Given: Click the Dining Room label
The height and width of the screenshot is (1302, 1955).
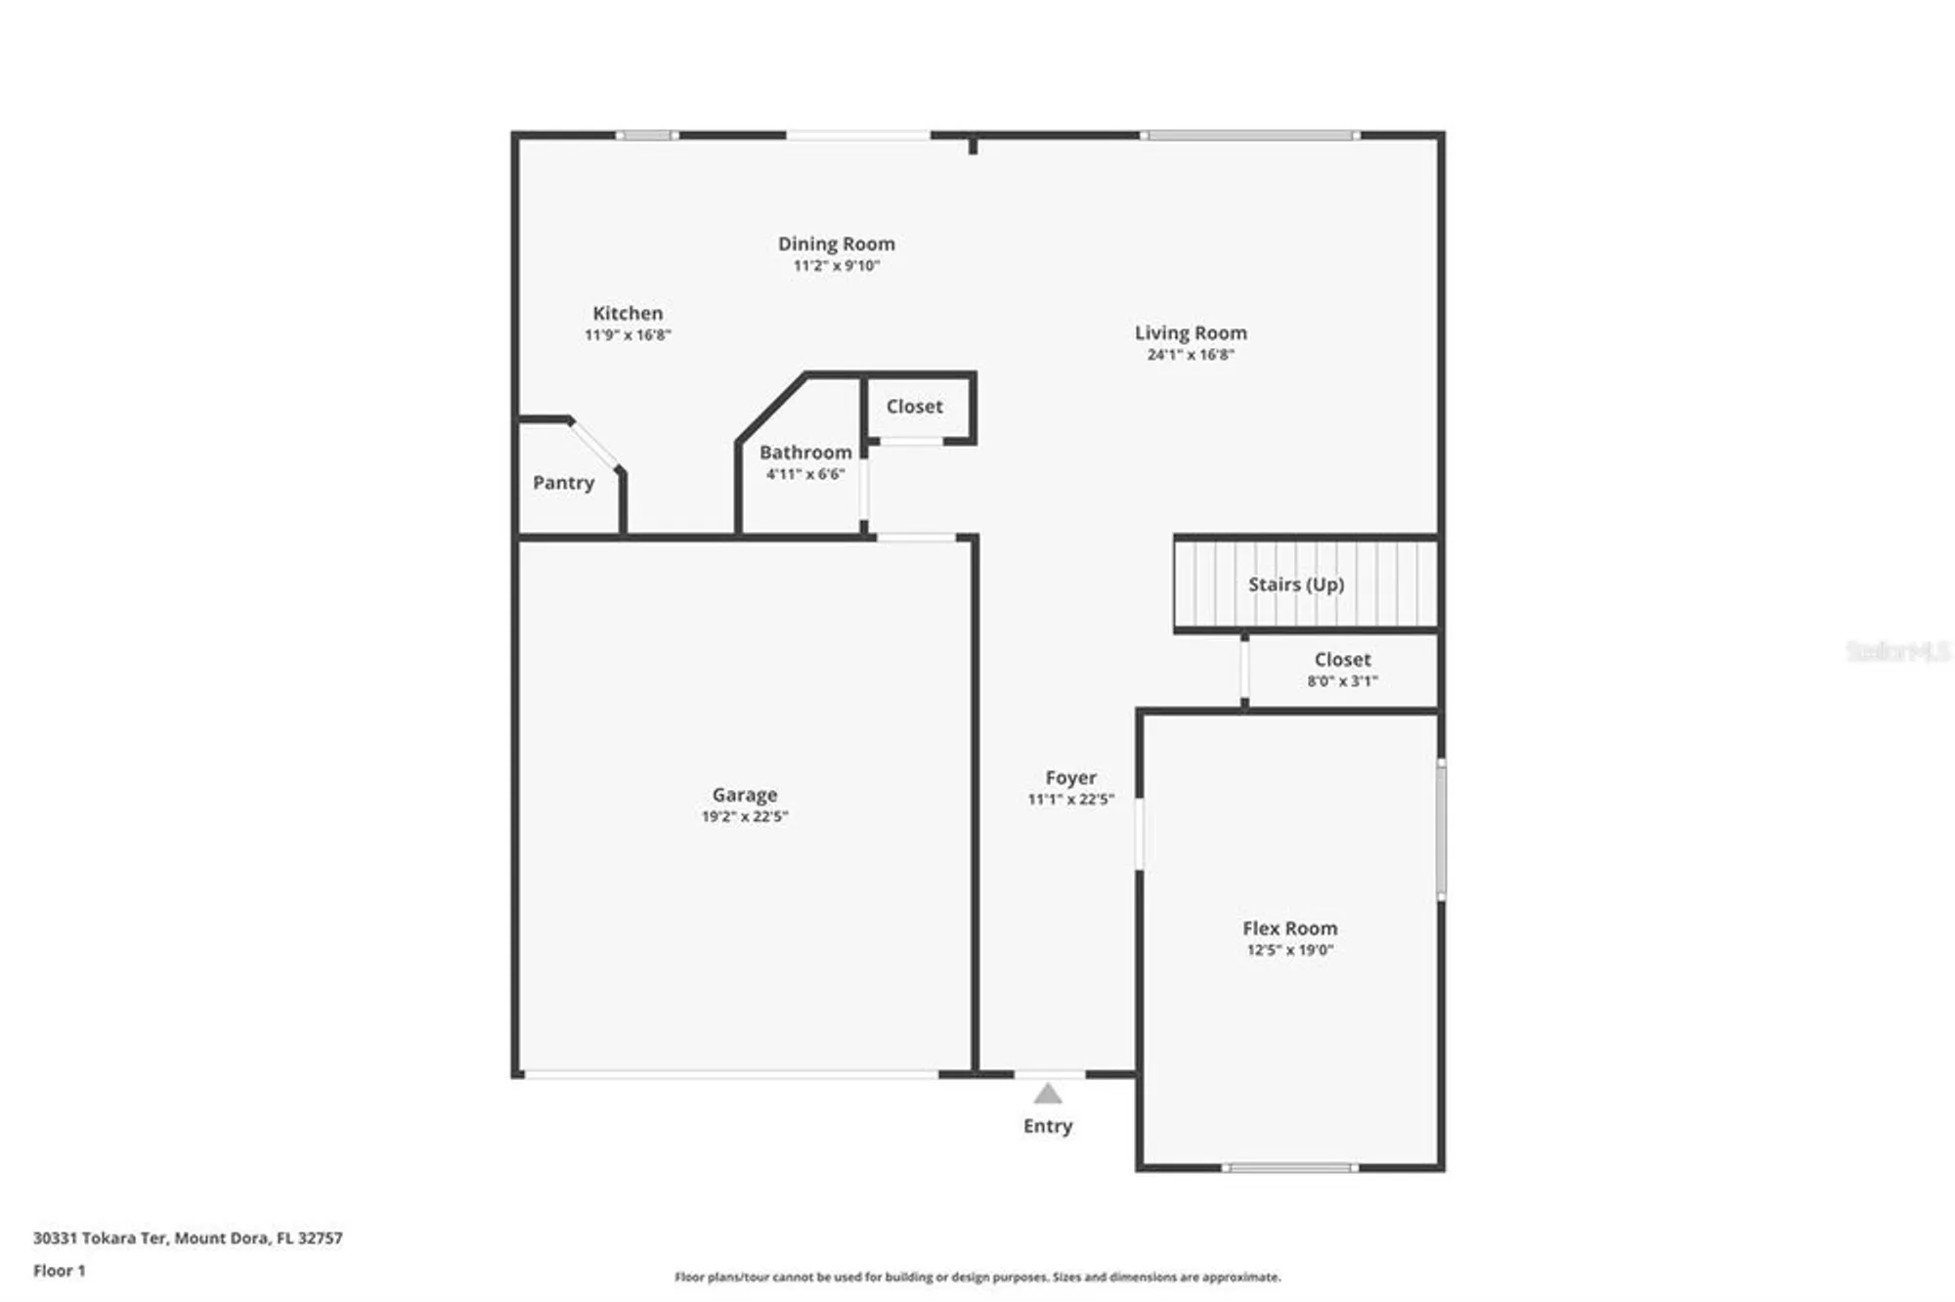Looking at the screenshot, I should [x=836, y=243].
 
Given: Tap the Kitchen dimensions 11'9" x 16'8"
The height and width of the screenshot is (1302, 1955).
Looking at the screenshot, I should [x=628, y=335].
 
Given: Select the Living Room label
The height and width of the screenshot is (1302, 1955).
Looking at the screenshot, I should [x=1191, y=332].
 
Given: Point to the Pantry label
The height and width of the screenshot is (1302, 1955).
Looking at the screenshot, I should [x=563, y=482].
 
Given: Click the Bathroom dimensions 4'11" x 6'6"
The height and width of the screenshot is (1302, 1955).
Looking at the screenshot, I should [x=804, y=474].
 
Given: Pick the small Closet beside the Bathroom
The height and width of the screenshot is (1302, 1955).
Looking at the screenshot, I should [x=914, y=406].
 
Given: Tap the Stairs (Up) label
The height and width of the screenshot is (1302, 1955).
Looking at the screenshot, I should [x=1295, y=584].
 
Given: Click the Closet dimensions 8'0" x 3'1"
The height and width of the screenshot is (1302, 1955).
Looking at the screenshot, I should [x=1342, y=681].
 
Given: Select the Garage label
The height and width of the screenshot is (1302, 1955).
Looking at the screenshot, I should [x=744, y=795].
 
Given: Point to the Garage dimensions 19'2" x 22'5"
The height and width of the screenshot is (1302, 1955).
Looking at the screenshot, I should [x=744, y=816].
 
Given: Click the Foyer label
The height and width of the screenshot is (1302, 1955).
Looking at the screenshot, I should [x=1070, y=777].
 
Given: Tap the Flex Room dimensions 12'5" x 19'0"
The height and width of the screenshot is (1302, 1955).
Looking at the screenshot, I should [x=1289, y=950].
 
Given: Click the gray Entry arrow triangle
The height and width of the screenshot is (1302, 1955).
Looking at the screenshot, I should [x=1048, y=1094].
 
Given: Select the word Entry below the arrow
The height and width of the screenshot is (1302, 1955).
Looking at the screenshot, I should [x=1048, y=1126].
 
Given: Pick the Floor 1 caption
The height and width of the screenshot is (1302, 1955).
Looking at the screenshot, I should [x=59, y=1271].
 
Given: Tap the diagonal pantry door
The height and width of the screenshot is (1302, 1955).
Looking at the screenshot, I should [x=594, y=445].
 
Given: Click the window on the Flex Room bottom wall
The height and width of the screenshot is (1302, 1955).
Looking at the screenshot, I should [x=1289, y=1167].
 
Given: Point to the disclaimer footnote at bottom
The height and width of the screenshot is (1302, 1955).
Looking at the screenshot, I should [x=977, y=1277].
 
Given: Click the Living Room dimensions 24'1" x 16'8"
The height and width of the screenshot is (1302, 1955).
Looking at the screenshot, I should [x=1191, y=355].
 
